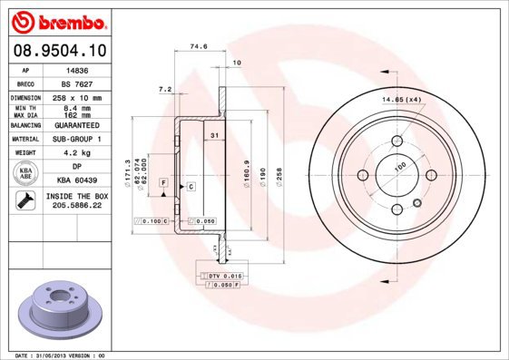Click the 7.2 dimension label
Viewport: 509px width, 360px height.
coord(165,89)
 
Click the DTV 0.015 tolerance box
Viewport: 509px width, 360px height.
coord(218,274)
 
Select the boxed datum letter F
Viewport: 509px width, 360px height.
coord(164,182)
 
